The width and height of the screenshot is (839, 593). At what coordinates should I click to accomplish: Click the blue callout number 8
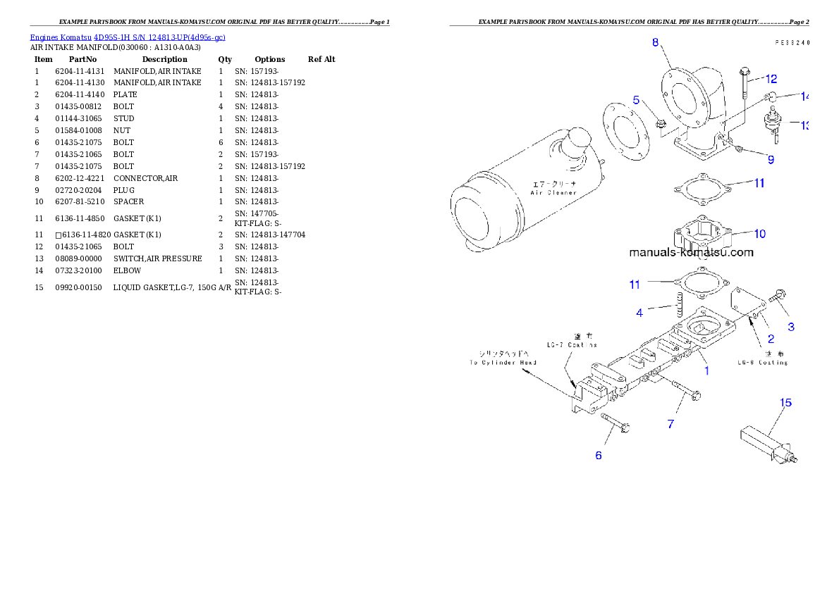pos(655,43)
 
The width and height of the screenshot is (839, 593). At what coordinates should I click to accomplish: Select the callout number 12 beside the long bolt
pos(771,79)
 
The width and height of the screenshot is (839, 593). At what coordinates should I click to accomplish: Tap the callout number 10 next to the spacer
pos(759,234)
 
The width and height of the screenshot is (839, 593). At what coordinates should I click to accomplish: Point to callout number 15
pos(785,403)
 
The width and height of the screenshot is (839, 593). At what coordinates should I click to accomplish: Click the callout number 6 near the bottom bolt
pos(599,455)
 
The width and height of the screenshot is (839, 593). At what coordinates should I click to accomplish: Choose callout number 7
pos(670,424)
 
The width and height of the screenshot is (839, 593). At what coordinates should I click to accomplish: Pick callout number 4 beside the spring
pos(639,313)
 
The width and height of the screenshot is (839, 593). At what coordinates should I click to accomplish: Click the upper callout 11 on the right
pos(759,183)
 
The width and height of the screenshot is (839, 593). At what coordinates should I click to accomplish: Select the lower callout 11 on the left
pos(635,285)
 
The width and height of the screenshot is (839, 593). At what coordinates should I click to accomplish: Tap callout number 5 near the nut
pos(636,101)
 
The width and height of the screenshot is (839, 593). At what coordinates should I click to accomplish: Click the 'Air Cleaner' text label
pos(553,188)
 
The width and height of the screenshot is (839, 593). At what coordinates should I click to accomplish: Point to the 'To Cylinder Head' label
pos(503,358)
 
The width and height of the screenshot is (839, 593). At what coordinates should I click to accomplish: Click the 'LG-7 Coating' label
pos(572,340)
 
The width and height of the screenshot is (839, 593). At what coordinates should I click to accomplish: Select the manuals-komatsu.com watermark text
pos(690,252)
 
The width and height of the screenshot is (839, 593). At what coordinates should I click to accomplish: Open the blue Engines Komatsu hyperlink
pos(128,37)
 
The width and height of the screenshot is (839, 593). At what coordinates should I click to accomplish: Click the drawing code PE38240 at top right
pos(791,43)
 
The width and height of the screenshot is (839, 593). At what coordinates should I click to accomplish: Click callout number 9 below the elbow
pos(771,160)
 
